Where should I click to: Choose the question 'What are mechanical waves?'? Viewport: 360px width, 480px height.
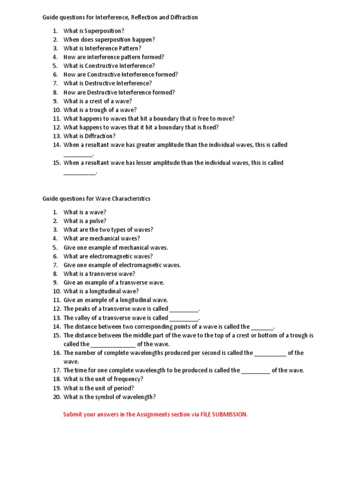(x=102, y=238)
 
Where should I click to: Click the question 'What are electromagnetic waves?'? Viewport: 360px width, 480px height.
(x=108, y=256)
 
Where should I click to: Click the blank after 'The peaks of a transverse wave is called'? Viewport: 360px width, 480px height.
(x=184, y=309)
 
